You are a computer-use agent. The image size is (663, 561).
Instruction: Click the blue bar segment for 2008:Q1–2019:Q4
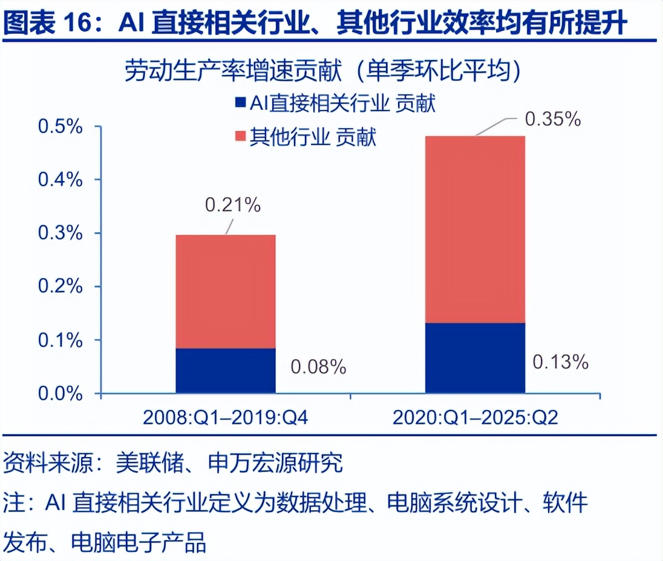pyautogui.click(x=226, y=371)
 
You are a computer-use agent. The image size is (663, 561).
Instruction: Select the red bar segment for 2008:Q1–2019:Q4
pyautogui.click(x=226, y=291)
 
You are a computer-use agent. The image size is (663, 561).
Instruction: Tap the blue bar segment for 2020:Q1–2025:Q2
pyautogui.click(x=475, y=358)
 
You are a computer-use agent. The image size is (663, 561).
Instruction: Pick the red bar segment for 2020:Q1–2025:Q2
pyautogui.click(x=475, y=230)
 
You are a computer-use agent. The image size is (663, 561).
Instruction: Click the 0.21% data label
pyautogui.click(x=233, y=206)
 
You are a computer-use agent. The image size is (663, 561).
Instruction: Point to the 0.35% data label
pyautogui.click(x=553, y=119)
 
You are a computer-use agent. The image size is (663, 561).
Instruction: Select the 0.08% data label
pyautogui.click(x=318, y=366)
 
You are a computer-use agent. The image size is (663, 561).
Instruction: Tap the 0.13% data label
pyautogui.click(x=560, y=362)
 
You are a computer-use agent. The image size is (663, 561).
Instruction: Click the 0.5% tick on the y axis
pyautogui.click(x=60, y=127)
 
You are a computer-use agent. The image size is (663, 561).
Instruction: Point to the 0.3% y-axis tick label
pyautogui.click(x=60, y=233)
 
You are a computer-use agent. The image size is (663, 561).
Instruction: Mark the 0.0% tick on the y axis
pyautogui.click(x=60, y=394)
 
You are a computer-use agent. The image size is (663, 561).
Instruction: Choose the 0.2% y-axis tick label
pyautogui.click(x=60, y=287)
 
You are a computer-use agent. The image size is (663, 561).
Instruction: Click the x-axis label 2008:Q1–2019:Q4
pyautogui.click(x=226, y=418)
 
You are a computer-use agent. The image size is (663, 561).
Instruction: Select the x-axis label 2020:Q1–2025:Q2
pyautogui.click(x=475, y=418)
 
